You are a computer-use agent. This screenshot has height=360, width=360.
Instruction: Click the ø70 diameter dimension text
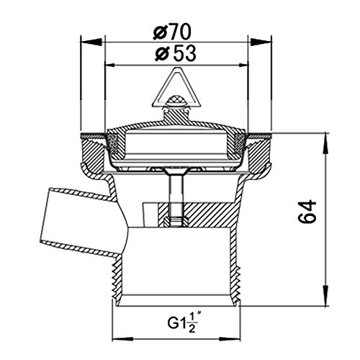coord(172,32)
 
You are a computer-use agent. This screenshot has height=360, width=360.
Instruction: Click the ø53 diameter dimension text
coord(176,53)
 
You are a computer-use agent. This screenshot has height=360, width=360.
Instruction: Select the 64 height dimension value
coord(307,212)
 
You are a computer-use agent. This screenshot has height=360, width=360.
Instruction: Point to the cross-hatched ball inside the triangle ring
coord(176,100)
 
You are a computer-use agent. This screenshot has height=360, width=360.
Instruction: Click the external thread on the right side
coord(237,282)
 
